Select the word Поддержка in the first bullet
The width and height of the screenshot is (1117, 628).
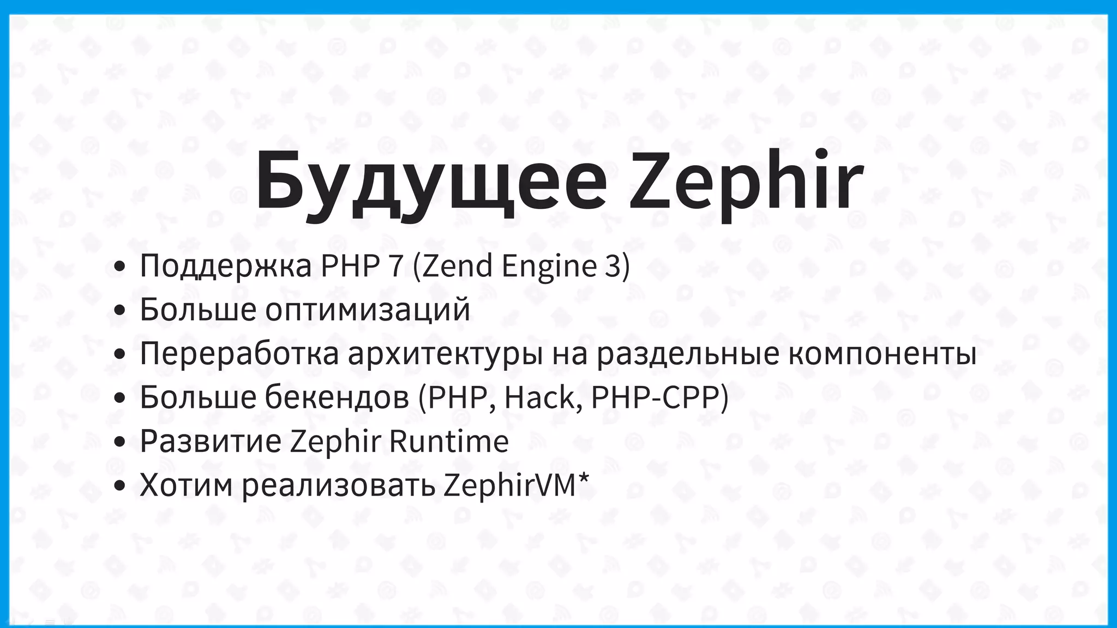226,267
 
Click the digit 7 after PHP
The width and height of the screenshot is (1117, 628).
396,267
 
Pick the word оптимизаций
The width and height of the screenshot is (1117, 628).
368,310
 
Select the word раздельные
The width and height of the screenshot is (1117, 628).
687,354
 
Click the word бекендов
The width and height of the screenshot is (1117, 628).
337,397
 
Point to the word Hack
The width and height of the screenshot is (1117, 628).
538,397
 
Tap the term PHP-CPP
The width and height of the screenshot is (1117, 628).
659,397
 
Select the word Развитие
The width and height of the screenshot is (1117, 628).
211,441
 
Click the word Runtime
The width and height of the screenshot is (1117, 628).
448,441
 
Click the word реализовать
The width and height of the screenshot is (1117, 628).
339,485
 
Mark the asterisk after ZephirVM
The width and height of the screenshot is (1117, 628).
584,478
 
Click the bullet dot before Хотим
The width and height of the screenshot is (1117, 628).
120,486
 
